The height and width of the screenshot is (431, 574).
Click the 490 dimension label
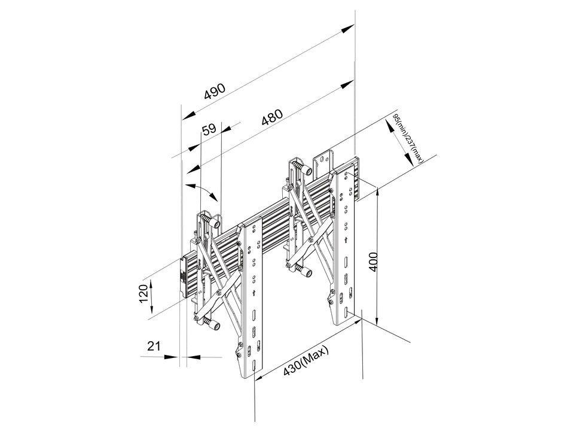click(215, 90)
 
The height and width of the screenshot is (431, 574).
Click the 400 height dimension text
click(373, 262)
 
